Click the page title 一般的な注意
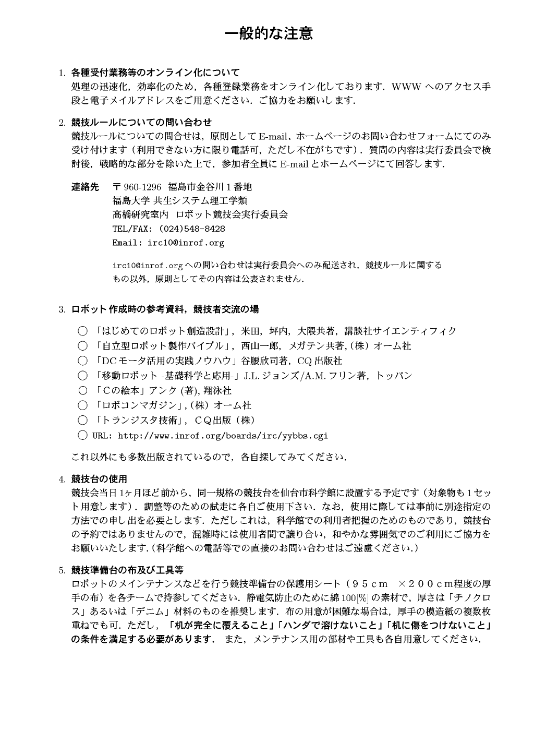(x=269, y=34)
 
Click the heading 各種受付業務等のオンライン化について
(x=155, y=73)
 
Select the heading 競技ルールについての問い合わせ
(x=141, y=123)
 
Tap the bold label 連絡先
(x=85, y=187)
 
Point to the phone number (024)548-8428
(x=192, y=229)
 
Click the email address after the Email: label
(x=186, y=243)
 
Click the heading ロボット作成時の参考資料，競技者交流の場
(x=165, y=309)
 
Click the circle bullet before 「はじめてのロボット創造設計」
(x=82, y=331)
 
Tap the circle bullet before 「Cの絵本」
(x=82, y=390)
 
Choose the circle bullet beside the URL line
(x=82, y=435)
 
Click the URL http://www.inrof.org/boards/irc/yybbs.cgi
(x=223, y=435)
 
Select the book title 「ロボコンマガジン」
(x=138, y=405)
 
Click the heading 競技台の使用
(x=99, y=479)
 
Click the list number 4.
(x=61, y=480)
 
